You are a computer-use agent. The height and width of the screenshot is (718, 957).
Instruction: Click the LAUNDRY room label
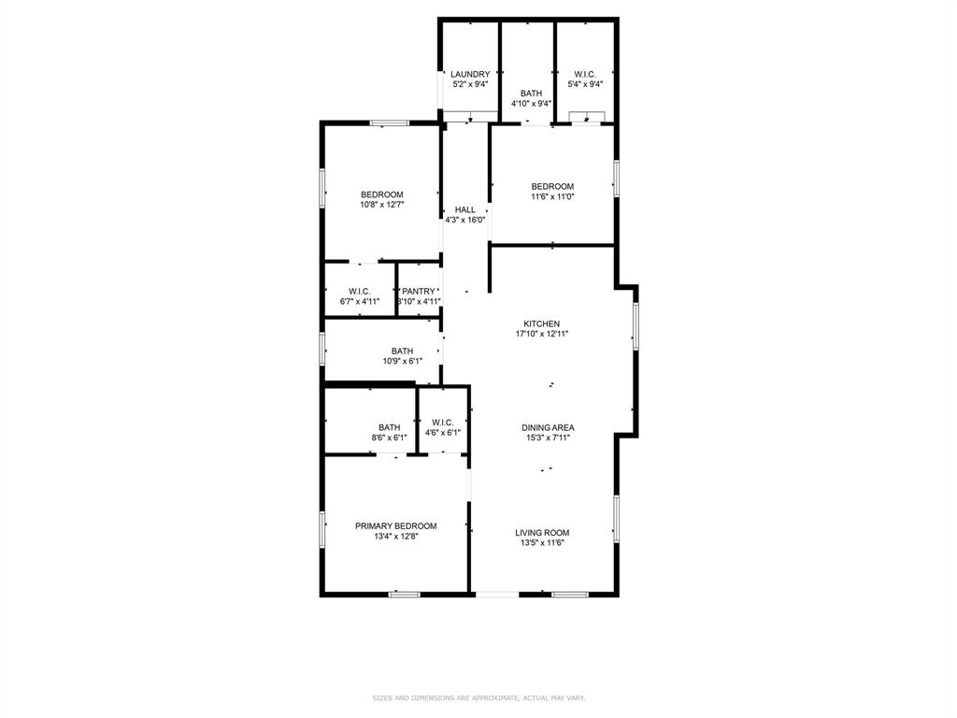470,74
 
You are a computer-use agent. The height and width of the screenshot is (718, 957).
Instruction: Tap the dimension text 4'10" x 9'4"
531,104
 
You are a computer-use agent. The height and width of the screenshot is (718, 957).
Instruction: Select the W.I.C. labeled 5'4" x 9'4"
585,74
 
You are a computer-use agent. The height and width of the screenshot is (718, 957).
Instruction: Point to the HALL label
465,209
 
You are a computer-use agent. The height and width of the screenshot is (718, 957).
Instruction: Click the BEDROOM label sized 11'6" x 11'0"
552,186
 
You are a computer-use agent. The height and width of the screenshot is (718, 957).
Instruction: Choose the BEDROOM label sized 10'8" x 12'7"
381,194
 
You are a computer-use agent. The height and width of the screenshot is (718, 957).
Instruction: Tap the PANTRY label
419,291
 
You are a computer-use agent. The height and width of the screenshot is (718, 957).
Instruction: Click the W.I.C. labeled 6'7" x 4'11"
360,291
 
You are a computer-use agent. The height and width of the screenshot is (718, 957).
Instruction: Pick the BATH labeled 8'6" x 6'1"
389,427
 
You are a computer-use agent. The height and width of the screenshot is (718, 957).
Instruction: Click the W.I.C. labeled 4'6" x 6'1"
443,422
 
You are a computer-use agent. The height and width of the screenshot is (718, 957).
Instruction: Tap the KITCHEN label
542,323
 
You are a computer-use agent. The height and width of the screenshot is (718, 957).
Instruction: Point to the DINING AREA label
548,427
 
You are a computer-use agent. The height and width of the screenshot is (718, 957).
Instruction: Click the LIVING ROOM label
542,532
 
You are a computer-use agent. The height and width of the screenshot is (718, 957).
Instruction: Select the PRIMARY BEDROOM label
395,525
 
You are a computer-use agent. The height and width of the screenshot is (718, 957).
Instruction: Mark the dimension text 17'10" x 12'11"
542,334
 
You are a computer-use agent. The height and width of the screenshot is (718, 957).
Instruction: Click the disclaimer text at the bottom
478,697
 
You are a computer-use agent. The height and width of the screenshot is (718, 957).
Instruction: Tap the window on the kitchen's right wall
636,326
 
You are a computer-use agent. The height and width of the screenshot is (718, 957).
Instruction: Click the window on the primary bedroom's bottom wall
404,594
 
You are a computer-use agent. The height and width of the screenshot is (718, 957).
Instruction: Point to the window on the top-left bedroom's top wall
389,122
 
